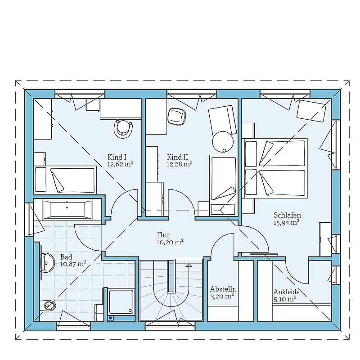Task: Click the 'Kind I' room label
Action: coord(117,157)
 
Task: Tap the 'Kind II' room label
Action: coord(177,157)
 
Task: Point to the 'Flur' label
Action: coord(163,235)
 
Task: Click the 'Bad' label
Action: coord(66,257)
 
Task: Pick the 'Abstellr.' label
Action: coord(223,289)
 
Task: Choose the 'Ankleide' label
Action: coord(287,292)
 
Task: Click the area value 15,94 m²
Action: coord(287,222)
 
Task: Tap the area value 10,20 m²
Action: coord(170,242)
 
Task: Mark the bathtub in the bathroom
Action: coord(67,209)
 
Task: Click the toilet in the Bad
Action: coord(48,305)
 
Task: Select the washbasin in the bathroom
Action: coord(47,263)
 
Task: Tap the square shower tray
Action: coord(121,301)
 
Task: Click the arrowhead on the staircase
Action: coord(189,265)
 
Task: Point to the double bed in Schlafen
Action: coord(275,168)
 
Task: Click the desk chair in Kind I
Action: coord(123,129)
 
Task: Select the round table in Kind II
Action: coord(223,142)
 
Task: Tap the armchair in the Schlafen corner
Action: coord(311,111)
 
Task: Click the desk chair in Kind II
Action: coord(176,117)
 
